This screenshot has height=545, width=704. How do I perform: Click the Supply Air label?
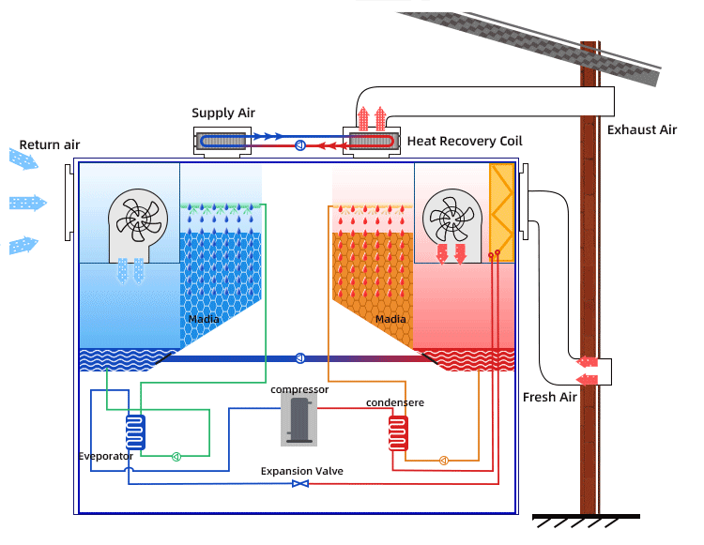tap(223, 113)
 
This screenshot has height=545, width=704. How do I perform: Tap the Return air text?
tap(50, 144)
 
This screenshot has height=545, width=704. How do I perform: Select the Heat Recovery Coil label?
tap(465, 142)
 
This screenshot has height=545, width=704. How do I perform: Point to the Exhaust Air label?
tap(642, 129)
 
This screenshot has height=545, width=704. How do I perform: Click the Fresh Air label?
tap(549, 397)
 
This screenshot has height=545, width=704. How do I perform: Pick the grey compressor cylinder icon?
tap(298, 420)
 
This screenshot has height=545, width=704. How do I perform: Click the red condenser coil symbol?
tap(398, 432)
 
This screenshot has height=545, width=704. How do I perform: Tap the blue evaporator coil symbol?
tap(136, 432)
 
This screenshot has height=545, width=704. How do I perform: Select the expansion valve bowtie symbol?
tap(300, 483)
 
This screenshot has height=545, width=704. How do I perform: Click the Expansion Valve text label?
tap(302, 470)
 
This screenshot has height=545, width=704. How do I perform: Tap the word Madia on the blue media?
tap(204, 319)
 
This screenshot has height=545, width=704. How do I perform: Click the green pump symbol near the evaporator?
tap(176, 457)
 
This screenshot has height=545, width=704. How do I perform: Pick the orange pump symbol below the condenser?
tap(444, 460)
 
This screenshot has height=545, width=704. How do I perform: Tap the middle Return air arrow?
tap(27, 203)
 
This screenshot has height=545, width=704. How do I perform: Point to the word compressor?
tap(299, 388)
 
